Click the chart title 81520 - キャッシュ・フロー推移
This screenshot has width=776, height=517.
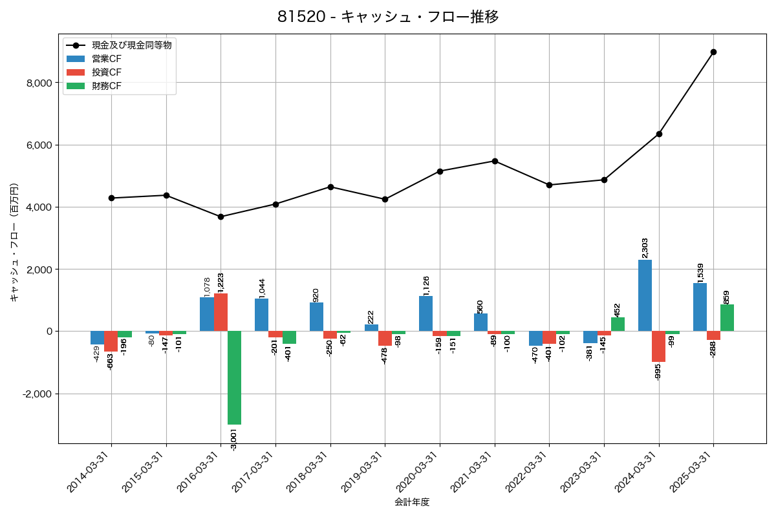[388, 17]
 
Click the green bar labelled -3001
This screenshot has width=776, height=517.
[234, 377]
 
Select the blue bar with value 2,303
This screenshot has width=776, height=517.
[645, 295]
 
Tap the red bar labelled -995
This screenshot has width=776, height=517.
[658, 346]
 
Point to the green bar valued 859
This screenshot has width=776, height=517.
[727, 318]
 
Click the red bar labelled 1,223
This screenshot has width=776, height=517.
[221, 312]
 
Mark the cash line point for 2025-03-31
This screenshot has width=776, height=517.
[713, 52]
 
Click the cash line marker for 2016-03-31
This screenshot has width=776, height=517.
[221, 216]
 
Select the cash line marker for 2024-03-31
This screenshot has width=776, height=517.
[659, 134]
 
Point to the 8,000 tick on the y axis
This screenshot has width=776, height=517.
[39, 83]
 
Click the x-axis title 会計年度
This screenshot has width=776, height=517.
[412, 502]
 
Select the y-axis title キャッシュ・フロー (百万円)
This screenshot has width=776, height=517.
[14, 242]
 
